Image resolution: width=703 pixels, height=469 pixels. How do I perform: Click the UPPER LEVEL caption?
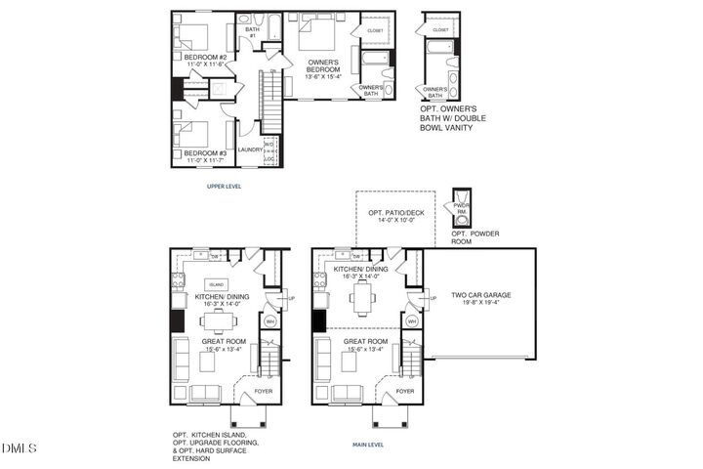click(224, 186)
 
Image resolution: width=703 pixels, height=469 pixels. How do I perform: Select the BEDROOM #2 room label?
click(206, 57)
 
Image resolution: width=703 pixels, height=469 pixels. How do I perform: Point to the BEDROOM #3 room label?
click(205, 153)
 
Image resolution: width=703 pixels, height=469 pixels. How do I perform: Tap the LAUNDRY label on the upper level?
click(250, 149)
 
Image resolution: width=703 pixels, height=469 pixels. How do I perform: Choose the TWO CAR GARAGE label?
click(480, 294)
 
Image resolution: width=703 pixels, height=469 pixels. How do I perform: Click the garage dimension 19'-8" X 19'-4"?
click(480, 303)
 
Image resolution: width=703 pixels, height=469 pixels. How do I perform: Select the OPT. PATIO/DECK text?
click(388, 213)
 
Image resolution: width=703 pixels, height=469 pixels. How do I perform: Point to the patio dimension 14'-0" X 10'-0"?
click(388, 221)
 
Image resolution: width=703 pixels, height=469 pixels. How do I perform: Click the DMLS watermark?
click(19, 448)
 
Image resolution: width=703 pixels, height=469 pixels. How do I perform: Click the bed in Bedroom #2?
click(195, 35)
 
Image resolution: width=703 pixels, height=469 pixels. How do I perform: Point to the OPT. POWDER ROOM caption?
click(475, 236)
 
